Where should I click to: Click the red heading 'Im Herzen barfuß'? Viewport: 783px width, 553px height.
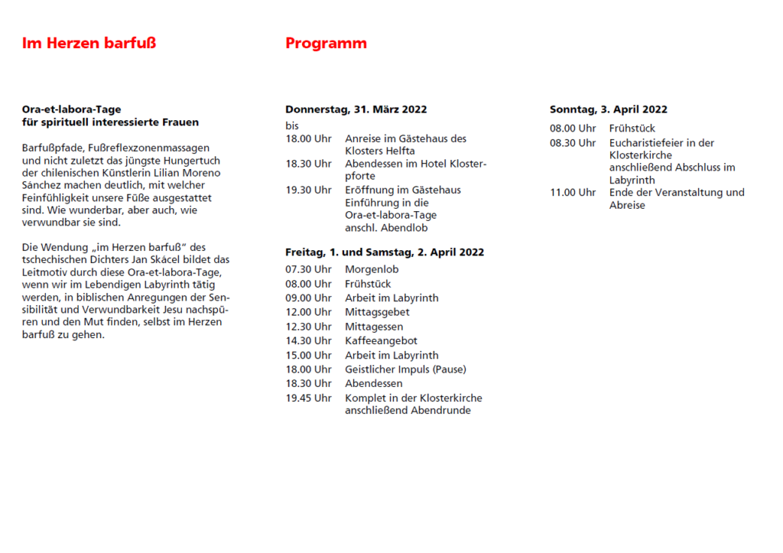click(x=89, y=44)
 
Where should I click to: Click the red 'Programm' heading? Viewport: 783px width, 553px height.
click(x=326, y=44)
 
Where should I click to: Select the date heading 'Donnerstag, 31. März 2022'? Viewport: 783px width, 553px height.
click(x=356, y=109)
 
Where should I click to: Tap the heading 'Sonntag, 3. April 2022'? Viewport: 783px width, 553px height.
click(x=609, y=109)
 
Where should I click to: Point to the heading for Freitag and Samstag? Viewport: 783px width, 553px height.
click(x=385, y=252)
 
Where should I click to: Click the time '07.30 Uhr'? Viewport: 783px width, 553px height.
click(x=308, y=269)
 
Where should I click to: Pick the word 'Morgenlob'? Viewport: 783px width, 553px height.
click(x=372, y=269)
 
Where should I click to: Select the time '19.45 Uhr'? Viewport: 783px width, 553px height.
click(x=308, y=398)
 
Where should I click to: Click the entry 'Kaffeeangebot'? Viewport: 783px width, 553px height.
click(x=381, y=340)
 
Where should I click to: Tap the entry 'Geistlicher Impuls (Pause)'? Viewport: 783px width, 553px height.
click(x=405, y=369)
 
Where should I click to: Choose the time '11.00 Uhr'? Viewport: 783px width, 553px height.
click(x=573, y=193)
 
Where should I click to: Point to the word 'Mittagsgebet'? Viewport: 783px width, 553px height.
click(x=377, y=312)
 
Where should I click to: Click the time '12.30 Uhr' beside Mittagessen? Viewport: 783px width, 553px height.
click(x=308, y=327)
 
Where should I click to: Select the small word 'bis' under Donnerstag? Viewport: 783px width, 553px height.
click(x=292, y=125)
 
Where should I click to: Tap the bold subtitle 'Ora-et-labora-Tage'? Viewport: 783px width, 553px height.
click(x=72, y=109)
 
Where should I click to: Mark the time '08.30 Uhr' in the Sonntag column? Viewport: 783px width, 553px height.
click(x=573, y=143)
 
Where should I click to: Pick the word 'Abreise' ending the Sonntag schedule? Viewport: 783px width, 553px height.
click(x=627, y=205)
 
